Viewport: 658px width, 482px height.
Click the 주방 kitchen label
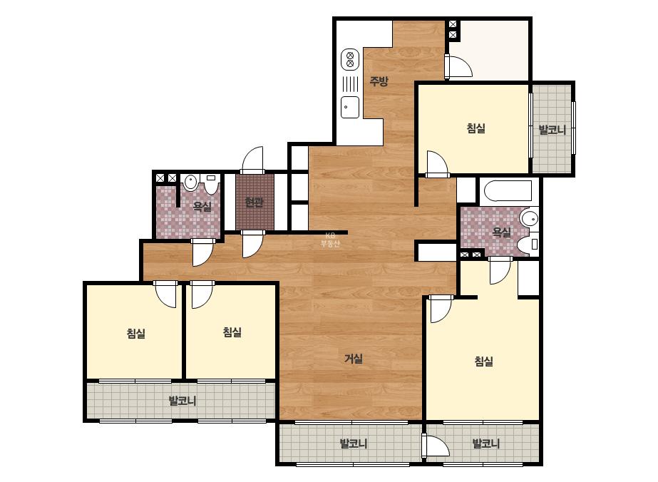[379, 81]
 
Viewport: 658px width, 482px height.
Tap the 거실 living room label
[354, 359]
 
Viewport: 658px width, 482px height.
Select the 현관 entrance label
[255, 202]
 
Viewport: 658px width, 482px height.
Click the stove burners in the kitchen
[349, 59]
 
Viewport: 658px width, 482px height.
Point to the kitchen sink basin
[349, 107]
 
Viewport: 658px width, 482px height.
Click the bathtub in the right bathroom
[508, 190]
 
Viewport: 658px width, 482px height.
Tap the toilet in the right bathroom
[528, 245]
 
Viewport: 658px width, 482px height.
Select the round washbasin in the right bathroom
[529, 219]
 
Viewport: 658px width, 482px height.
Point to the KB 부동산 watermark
[330, 240]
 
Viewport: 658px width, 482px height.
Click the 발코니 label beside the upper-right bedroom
[552, 130]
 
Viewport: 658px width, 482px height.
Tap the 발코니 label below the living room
[354, 443]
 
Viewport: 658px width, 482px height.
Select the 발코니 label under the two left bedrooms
[183, 401]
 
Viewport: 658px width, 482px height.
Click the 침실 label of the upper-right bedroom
[476, 128]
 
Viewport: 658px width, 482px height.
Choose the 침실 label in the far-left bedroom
[136, 334]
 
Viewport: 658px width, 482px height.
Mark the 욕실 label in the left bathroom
[202, 206]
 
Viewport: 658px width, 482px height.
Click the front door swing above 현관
[252, 160]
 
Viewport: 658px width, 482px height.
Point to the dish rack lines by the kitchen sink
[350, 83]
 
